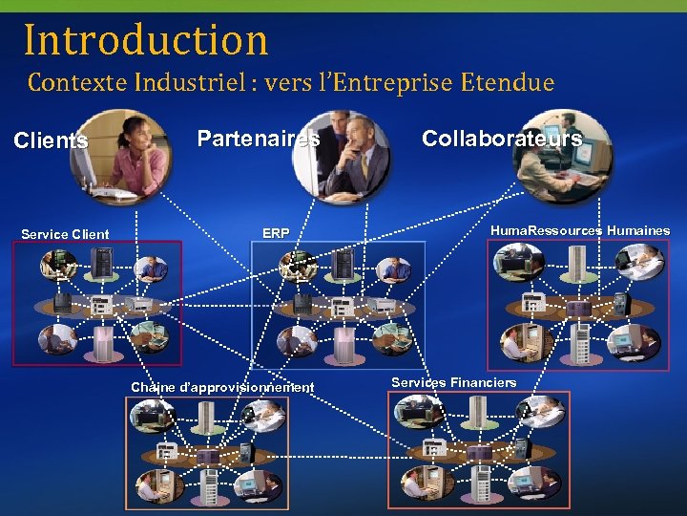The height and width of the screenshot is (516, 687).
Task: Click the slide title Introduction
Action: pos(146,40)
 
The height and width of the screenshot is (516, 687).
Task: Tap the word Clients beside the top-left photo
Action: pos(51,141)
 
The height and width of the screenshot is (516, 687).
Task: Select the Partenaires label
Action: pos(258,139)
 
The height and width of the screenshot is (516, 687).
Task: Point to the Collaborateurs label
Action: pos(502,139)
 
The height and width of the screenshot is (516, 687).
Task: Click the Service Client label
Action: pos(65,234)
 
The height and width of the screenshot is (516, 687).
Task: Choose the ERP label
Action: pos(276,233)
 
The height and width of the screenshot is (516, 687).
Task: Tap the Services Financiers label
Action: pos(453,382)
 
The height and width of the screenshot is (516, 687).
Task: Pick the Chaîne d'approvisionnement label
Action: pos(222,387)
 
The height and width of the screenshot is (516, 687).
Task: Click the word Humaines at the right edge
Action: pos(638,230)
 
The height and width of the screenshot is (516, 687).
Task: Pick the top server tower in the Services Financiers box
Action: pos(477,414)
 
